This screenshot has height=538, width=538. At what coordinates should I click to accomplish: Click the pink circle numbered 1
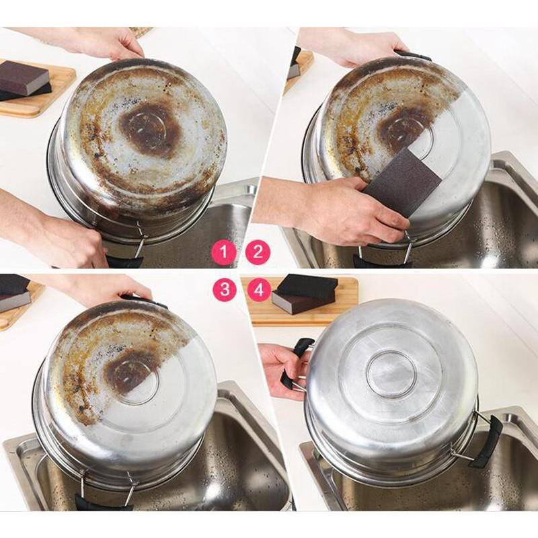click(x=224, y=253)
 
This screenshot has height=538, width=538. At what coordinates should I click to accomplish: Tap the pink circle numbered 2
click(x=258, y=253)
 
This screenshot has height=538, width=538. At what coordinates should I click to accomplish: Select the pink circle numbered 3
click(x=224, y=289)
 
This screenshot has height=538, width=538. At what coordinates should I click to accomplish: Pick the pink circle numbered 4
click(x=259, y=289)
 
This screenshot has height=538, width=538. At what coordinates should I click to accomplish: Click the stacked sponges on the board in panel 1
click(x=26, y=81)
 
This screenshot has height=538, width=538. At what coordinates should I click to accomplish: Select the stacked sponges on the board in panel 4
click(x=305, y=295)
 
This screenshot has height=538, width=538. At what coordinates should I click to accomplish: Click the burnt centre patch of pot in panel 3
click(x=128, y=374)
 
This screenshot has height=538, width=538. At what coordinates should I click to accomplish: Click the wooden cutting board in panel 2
click(x=299, y=72)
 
